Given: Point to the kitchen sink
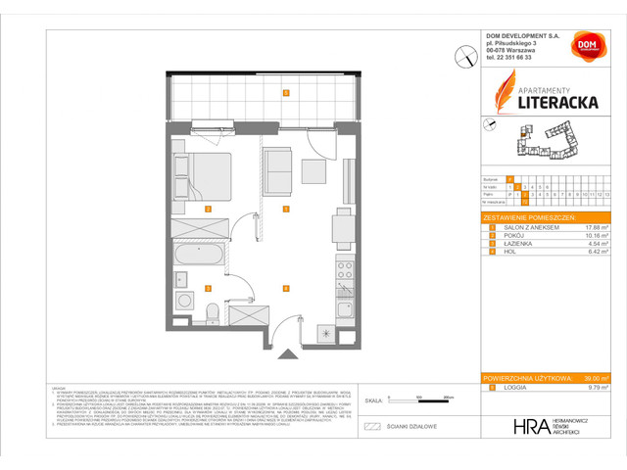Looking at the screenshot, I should point(344,293).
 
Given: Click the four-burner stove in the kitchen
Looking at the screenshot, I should point(344,265).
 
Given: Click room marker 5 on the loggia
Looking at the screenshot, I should point(285,93).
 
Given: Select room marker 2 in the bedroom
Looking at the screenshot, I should point(207,209).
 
